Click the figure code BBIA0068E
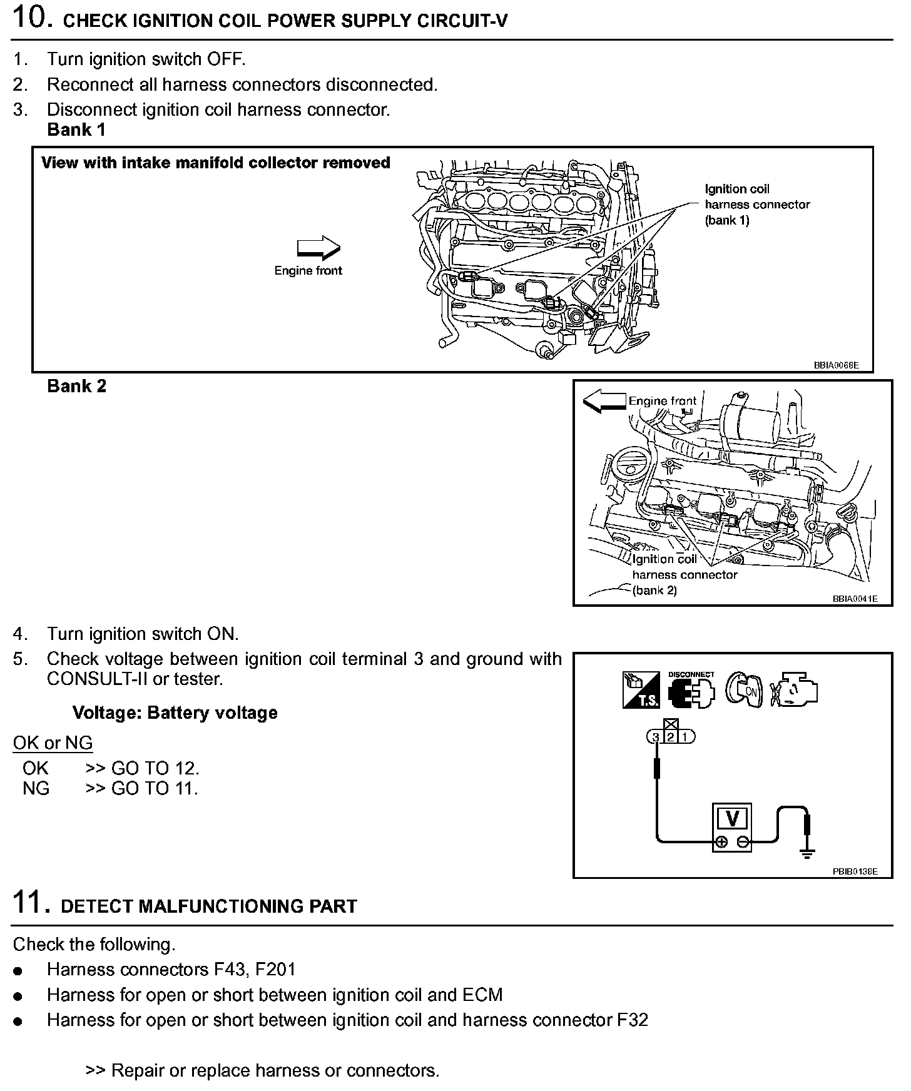[836, 365]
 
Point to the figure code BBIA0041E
[855, 599]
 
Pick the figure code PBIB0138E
[855, 871]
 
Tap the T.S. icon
[641, 690]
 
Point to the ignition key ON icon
[743, 690]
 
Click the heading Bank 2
[76, 386]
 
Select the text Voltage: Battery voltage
[175, 713]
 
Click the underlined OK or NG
[53, 743]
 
